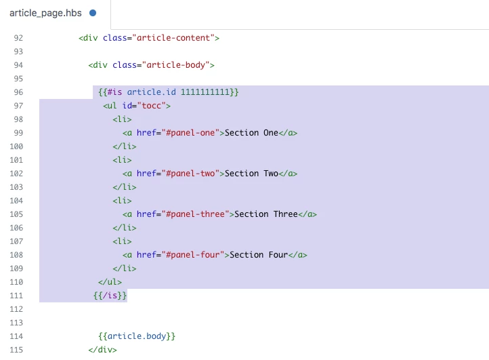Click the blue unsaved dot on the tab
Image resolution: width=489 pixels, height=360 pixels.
(x=93, y=13)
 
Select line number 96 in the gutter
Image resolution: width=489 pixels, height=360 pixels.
(x=18, y=92)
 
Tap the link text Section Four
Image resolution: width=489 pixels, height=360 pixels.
(x=259, y=255)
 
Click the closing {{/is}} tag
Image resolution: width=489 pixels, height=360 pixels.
(x=110, y=296)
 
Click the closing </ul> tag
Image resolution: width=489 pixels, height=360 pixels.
(x=110, y=282)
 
